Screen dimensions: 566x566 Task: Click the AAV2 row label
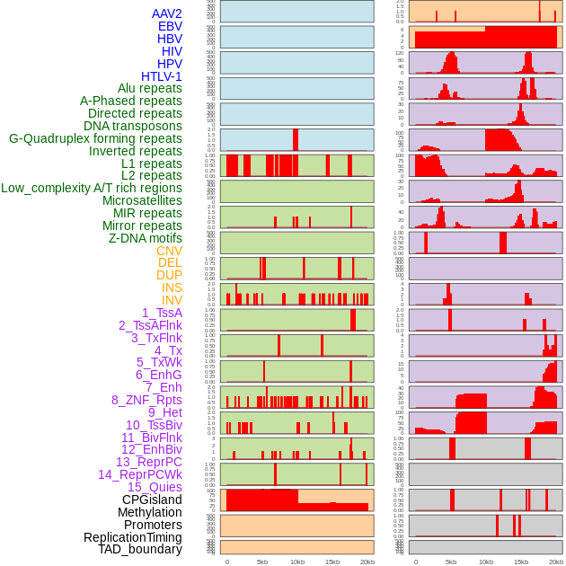[166, 13]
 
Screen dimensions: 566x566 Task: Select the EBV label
[170, 26]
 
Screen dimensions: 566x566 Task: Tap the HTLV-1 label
[162, 76]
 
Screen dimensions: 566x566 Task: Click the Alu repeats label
[150, 88]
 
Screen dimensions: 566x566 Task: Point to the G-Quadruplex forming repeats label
[95, 138]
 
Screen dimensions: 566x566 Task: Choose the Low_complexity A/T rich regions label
[92, 188]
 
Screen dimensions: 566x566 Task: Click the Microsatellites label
[142, 200]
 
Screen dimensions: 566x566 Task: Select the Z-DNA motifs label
[146, 238]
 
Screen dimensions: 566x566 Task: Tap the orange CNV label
[169, 251]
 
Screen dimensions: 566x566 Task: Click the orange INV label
[172, 300]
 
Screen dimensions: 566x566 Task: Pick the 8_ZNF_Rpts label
[146, 400]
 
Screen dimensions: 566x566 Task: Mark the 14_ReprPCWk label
[140, 474]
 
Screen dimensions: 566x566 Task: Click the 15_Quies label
[155, 487]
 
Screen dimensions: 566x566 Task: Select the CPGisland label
[152, 500]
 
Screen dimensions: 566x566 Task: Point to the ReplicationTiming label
[132, 537]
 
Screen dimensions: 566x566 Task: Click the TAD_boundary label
[140, 549]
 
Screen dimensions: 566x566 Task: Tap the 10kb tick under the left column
[296, 562]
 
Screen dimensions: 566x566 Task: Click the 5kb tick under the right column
[451, 562]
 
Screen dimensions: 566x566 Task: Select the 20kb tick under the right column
[555, 562]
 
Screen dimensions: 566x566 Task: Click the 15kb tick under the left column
[332, 562]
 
